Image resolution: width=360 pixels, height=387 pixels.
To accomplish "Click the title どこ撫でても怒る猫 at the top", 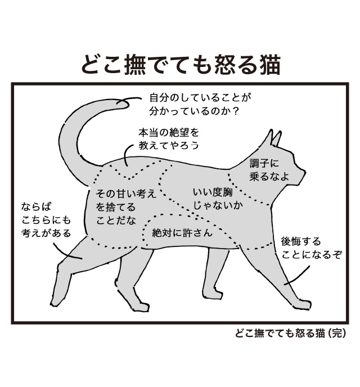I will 180,65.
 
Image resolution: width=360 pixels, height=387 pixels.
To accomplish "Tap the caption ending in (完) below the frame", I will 291,333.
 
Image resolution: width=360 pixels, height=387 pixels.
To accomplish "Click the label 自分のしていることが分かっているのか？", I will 199,104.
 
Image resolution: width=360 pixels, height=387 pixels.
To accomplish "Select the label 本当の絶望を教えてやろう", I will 169,138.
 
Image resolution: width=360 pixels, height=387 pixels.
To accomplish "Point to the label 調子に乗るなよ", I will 269,170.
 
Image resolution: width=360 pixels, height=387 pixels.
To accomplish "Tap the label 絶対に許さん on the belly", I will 182,232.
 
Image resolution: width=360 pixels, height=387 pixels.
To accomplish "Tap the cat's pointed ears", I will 274,137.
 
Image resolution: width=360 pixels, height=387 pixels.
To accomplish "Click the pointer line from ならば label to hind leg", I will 68,251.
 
